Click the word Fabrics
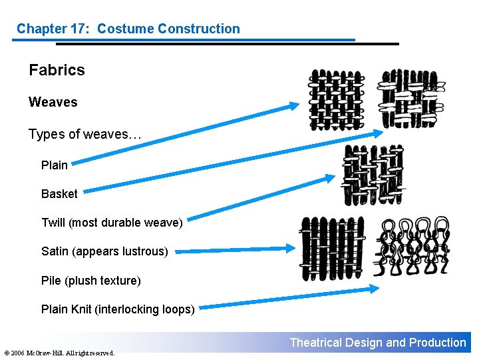57,70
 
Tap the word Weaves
53,102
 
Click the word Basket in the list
59,194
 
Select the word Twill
53,223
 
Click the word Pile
51,281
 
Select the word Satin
55,251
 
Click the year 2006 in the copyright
19,353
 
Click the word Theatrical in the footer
315,343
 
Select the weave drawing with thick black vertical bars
332,248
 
